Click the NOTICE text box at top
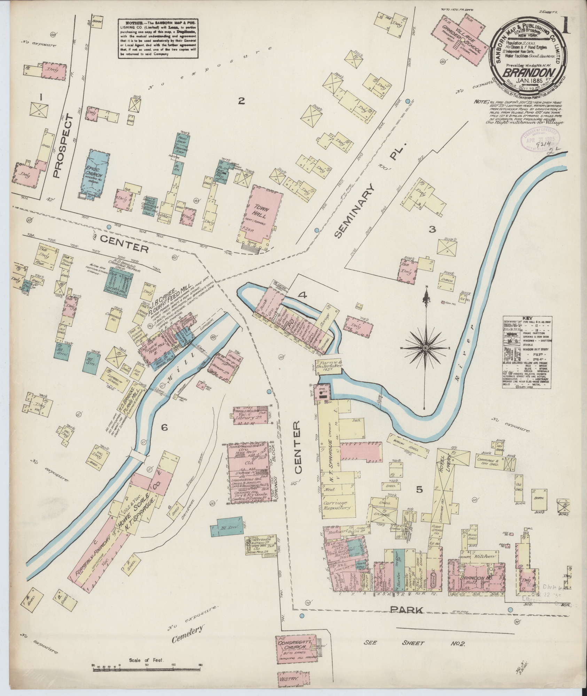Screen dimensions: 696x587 point(158,37)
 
